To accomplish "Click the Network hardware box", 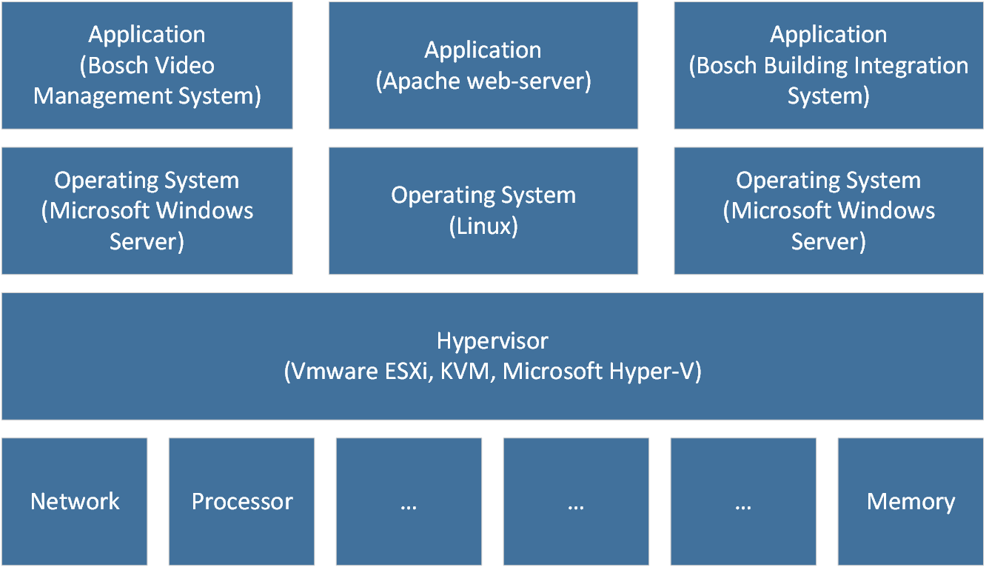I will (x=74, y=501).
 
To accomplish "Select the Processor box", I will (x=241, y=501).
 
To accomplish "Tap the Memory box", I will (x=911, y=501).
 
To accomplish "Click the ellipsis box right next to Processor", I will (x=409, y=501).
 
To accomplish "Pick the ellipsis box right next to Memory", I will (x=743, y=501).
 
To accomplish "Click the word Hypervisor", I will (x=492, y=340).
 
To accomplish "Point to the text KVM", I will (x=465, y=371).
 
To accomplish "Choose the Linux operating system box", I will (x=483, y=211).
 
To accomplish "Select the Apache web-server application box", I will (x=483, y=65).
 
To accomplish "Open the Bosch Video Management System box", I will (x=147, y=65).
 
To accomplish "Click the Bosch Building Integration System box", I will (x=828, y=65).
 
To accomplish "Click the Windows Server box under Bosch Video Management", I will (x=147, y=211).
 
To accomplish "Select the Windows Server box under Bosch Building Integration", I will (x=828, y=211).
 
